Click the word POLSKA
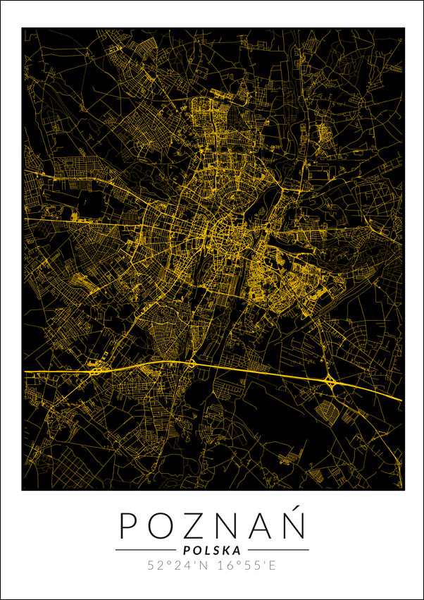coord(211,550)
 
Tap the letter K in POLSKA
coord(227,550)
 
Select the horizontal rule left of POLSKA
coord(146,550)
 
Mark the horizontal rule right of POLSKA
coord(278,550)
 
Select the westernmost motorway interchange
coord(94,368)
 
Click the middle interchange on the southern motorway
coord(192,364)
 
